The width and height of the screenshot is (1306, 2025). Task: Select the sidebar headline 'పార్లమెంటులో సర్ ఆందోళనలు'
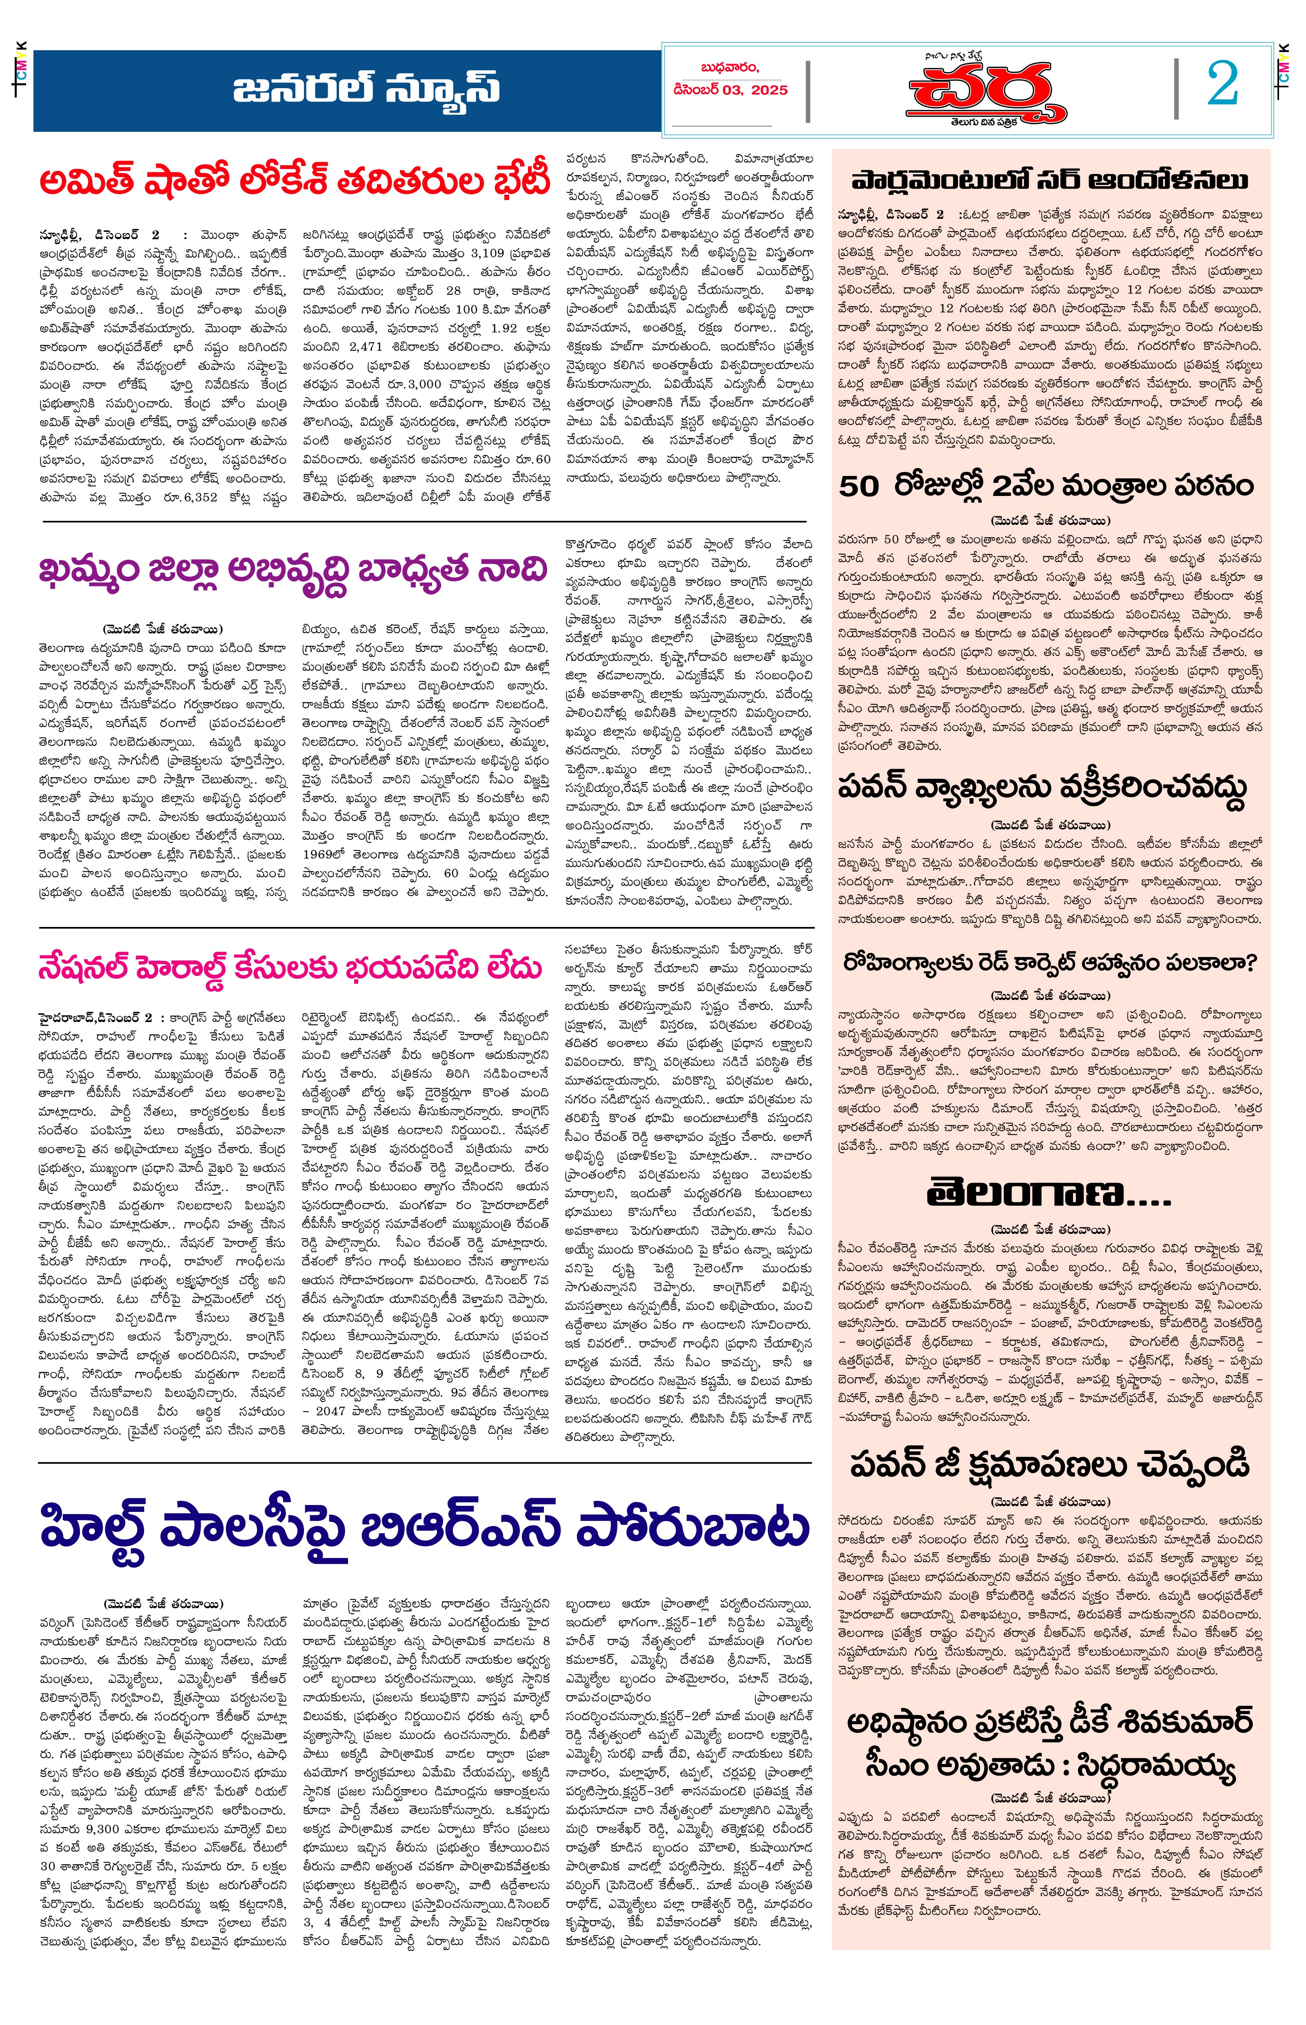[1050, 181]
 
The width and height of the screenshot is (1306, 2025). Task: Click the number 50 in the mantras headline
[858, 487]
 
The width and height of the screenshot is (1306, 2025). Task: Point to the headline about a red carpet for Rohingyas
[1050, 963]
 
